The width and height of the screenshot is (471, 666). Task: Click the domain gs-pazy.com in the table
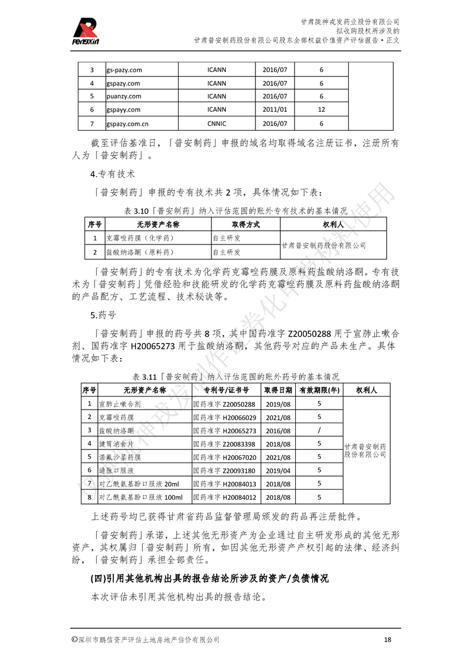click(124, 70)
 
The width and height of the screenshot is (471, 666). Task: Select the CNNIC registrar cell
click(216, 123)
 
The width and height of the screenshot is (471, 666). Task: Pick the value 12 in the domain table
click(321, 110)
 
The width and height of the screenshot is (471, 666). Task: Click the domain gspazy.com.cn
click(127, 123)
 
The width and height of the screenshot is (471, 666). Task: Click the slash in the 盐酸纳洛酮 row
click(319, 430)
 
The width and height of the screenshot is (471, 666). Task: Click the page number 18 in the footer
click(387, 639)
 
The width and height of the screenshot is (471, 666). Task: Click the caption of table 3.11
click(235, 376)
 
